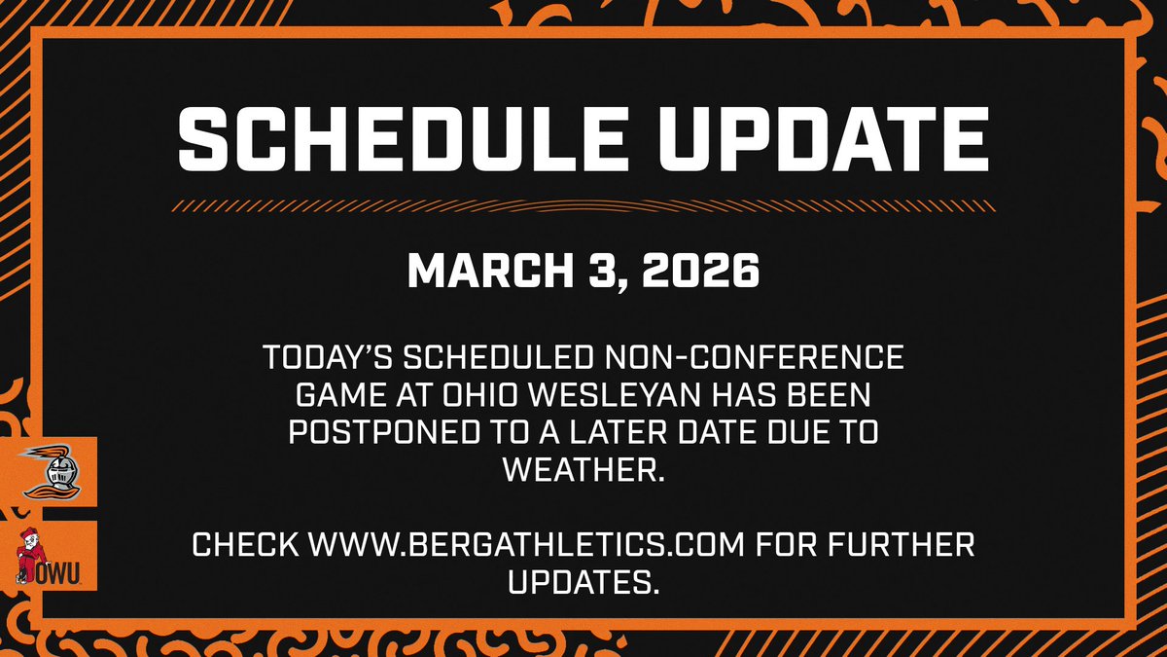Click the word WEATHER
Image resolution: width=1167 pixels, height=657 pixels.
click(583, 470)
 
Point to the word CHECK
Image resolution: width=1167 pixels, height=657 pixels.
click(245, 544)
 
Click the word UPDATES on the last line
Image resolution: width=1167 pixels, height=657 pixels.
click(583, 581)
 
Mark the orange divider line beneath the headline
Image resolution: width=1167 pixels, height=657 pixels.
click(583, 206)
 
